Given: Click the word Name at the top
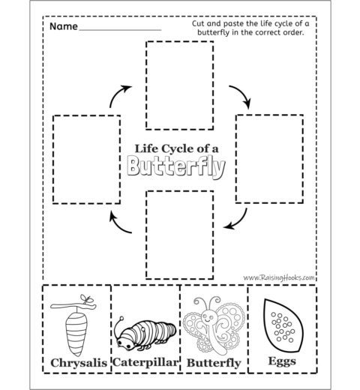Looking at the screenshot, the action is pyautogui.click(x=64, y=26).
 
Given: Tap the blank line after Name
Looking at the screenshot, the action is pyautogui.click(x=120, y=30).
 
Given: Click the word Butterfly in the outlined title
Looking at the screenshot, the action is pyautogui.click(x=176, y=166).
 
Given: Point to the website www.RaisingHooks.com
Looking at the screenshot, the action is pyautogui.click(x=279, y=277).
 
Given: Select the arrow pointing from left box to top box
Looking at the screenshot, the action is pyautogui.click(x=118, y=93).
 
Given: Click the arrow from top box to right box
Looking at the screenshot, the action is pyautogui.click(x=242, y=94).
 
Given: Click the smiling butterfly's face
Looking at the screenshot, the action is pyautogui.click(x=208, y=317).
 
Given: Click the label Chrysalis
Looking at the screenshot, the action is pyautogui.click(x=79, y=363).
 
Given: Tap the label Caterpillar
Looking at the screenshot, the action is pyautogui.click(x=145, y=362).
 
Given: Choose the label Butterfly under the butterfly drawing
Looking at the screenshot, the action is pyautogui.click(x=214, y=363).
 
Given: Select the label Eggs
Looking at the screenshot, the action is pyautogui.click(x=282, y=361).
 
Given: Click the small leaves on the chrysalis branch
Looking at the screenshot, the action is pyautogui.click(x=86, y=298).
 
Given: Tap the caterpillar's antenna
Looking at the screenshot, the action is pyautogui.click(x=118, y=326).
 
